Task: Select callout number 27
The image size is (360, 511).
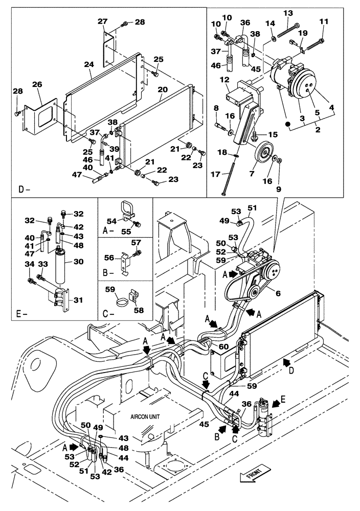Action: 103,21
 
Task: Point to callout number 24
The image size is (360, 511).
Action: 89,65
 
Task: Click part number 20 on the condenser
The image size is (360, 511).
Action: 163,89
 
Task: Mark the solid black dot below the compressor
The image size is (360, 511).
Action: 288,125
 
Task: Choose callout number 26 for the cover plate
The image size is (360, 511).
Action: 37,84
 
